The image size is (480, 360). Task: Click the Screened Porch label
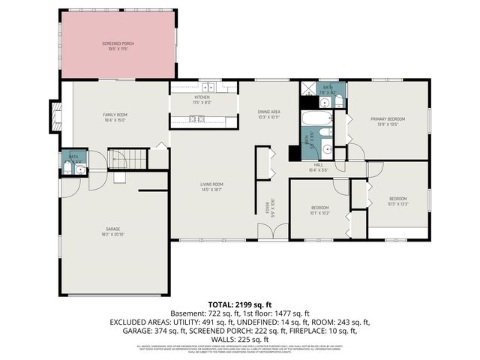click(117, 46)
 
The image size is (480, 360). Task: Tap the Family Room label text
click(116, 116)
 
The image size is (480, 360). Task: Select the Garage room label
click(113, 230)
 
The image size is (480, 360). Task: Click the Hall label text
click(318, 166)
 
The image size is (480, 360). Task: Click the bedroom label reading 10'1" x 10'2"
click(319, 211)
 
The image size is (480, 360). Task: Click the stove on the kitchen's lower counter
click(196, 119)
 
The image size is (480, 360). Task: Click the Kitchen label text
click(202, 99)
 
